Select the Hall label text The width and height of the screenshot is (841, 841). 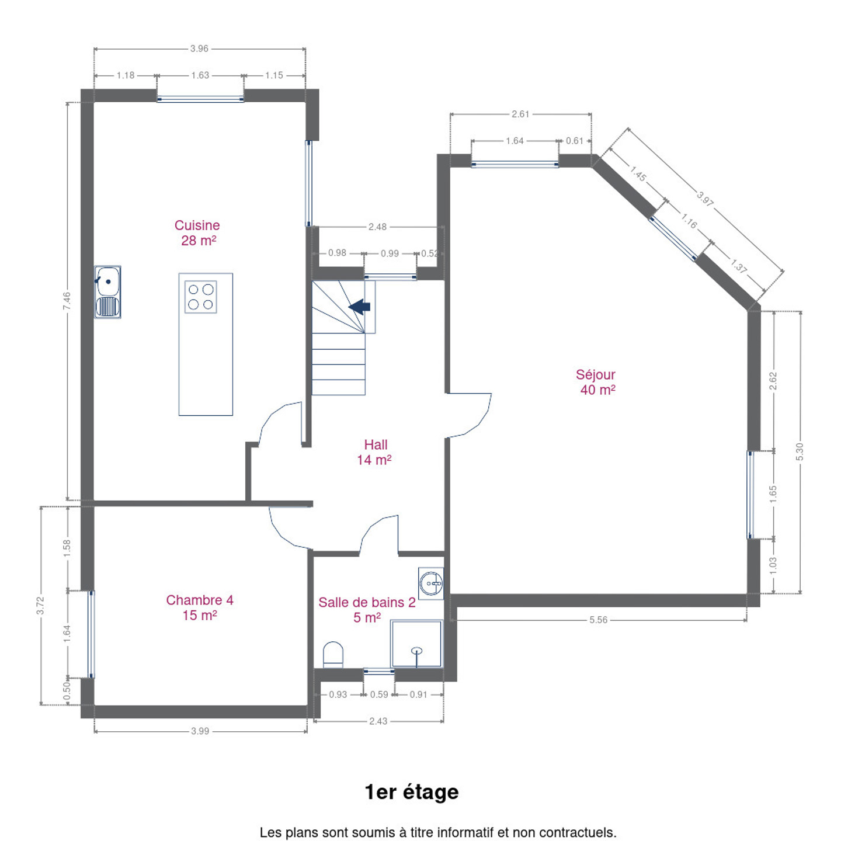pyautogui.click(x=376, y=444)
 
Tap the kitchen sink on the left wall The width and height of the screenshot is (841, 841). pyautogui.click(x=108, y=292)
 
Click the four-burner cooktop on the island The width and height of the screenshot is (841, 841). pyautogui.click(x=201, y=297)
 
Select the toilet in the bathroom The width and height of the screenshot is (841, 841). pyautogui.click(x=333, y=654)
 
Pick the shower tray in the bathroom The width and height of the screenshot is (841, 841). pyautogui.click(x=417, y=644)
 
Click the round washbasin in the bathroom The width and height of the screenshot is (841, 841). pyautogui.click(x=431, y=583)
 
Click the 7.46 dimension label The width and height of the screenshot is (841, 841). pyautogui.click(x=67, y=301)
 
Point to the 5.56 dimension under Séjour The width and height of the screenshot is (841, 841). pyautogui.click(x=598, y=620)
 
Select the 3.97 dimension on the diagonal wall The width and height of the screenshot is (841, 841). pyautogui.click(x=706, y=199)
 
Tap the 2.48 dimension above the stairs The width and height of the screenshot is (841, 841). pyautogui.click(x=377, y=227)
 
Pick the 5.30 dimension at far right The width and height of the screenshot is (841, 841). pyautogui.click(x=800, y=451)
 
